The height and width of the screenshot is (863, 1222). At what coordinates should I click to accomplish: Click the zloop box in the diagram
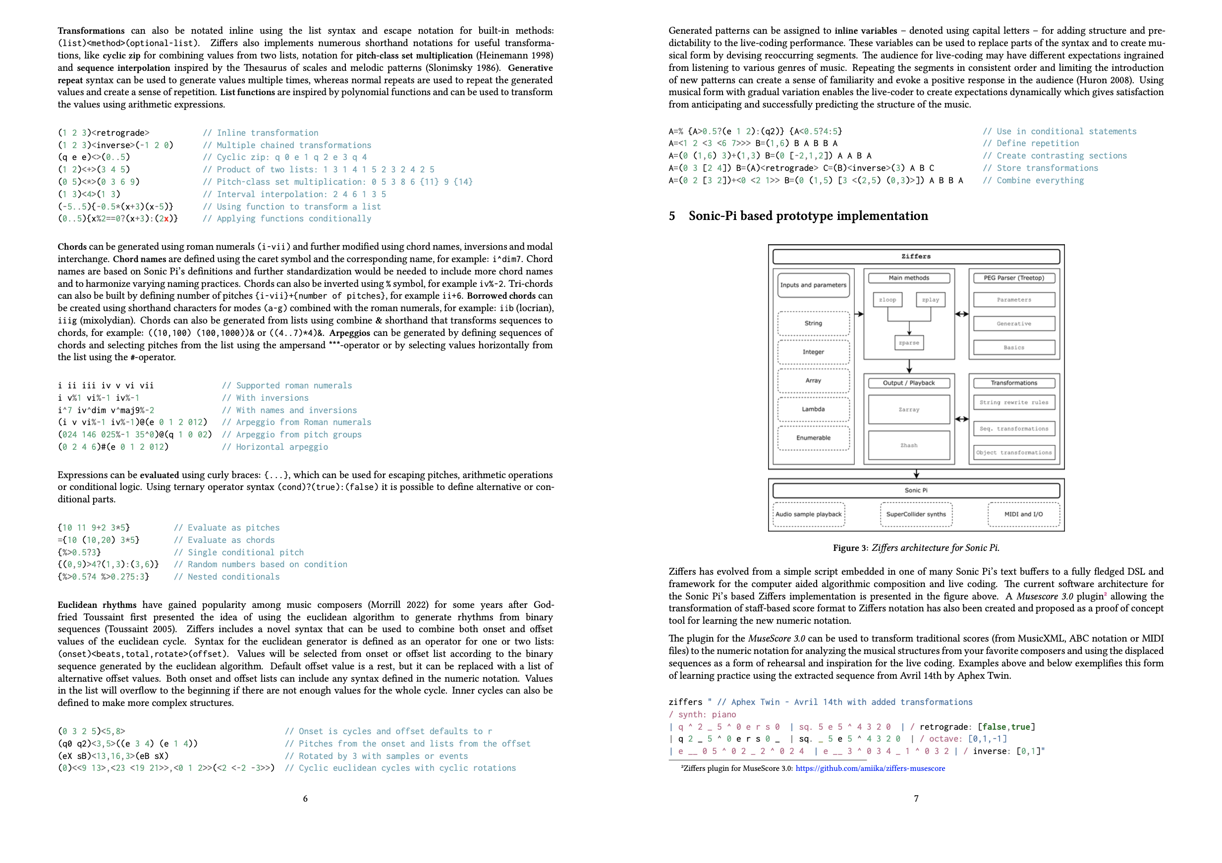(x=887, y=300)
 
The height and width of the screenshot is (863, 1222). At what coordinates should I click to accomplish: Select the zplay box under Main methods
(x=930, y=300)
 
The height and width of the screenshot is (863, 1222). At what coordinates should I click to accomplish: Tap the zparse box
(x=908, y=343)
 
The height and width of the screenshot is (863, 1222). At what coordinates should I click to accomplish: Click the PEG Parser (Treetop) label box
(x=1013, y=278)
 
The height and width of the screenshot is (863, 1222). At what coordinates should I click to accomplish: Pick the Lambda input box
(x=813, y=409)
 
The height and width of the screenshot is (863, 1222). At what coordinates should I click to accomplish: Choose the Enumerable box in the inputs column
(x=813, y=438)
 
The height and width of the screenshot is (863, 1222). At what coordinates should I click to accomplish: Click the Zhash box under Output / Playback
(x=908, y=445)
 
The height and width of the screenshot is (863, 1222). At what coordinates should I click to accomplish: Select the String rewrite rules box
(x=1013, y=402)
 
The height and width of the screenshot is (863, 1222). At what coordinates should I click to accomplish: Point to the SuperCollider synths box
(x=915, y=515)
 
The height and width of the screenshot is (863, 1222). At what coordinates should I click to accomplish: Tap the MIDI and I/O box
(x=1023, y=515)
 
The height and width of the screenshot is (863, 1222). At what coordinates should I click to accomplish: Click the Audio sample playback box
(x=808, y=515)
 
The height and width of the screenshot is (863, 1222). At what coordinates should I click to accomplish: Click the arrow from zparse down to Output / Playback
(x=909, y=366)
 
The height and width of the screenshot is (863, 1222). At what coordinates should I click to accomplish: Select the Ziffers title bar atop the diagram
(x=915, y=257)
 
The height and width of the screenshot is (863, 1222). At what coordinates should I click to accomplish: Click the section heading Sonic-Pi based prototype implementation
(x=807, y=216)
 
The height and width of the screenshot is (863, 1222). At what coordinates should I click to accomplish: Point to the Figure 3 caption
(x=915, y=548)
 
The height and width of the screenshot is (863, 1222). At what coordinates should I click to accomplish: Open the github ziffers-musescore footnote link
(x=870, y=768)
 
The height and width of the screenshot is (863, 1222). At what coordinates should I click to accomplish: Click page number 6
(x=305, y=799)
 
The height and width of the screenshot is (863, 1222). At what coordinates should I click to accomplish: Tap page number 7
(x=916, y=799)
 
